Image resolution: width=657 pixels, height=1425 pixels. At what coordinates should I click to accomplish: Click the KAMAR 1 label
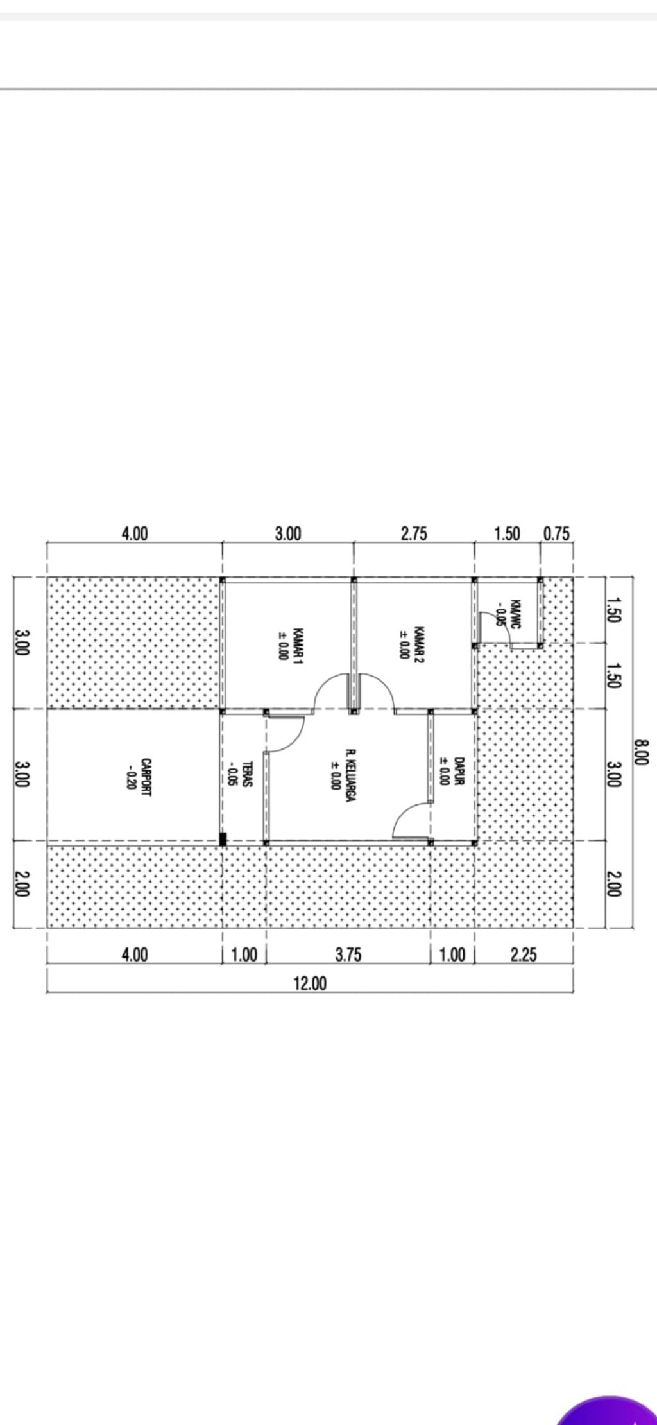tap(298, 644)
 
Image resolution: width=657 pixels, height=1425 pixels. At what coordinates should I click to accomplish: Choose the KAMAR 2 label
tap(419, 644)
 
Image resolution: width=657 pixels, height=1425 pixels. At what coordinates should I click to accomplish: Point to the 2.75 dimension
tap(414, 533)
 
